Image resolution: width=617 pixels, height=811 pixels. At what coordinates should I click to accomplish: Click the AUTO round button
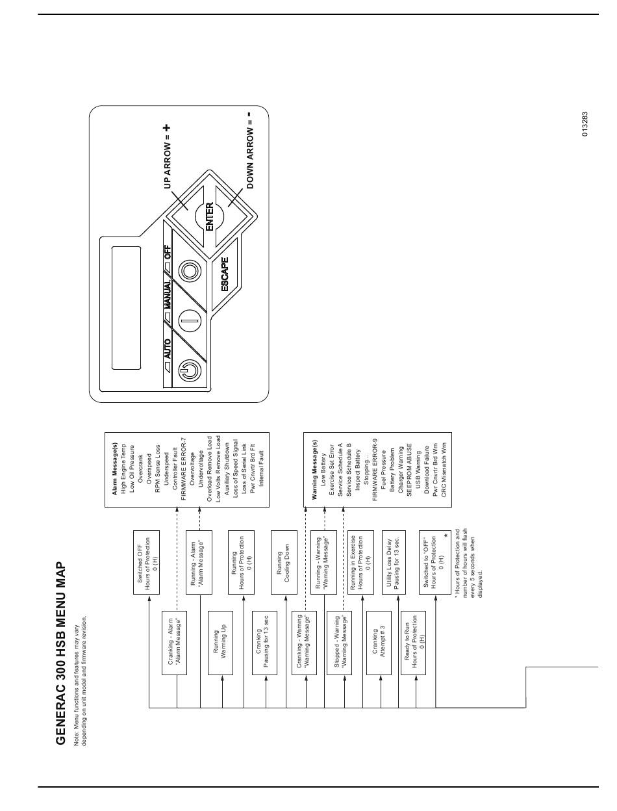(190, 370)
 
